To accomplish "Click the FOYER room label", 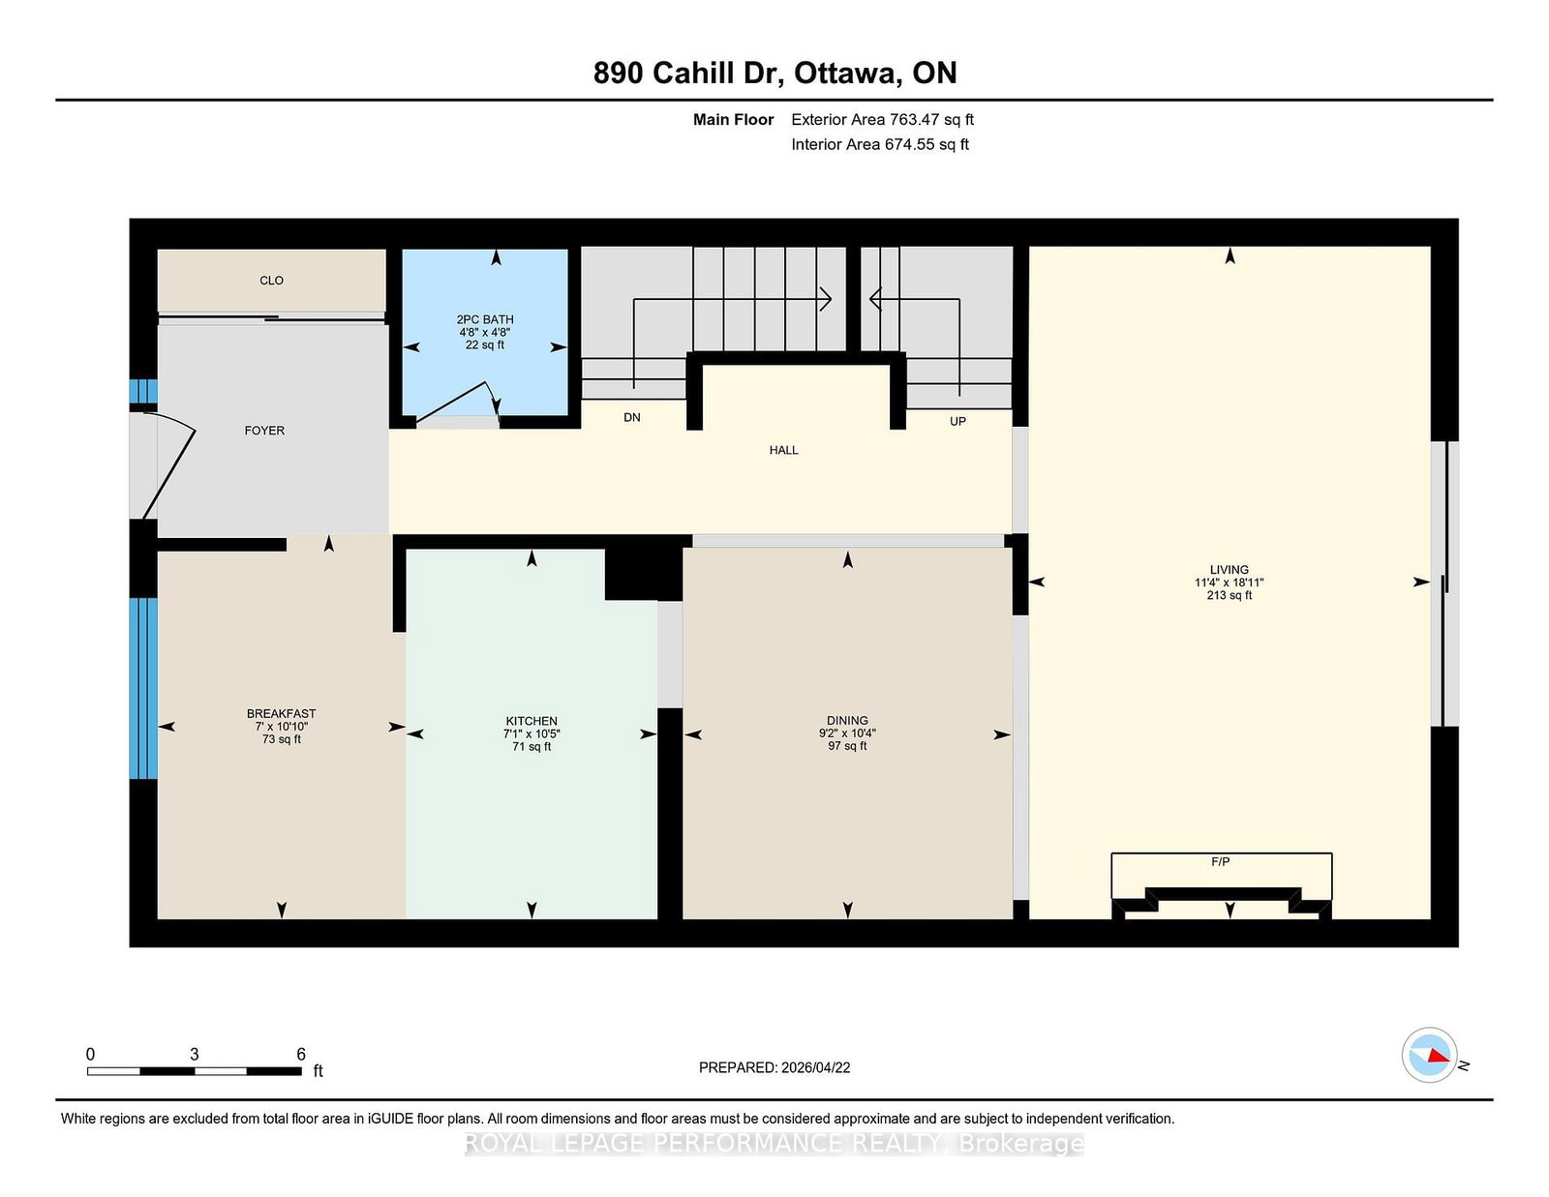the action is pos(263,431).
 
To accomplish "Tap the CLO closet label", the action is pos(271,281).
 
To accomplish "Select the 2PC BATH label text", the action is pos(485,319).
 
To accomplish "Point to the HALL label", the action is pos(783,450).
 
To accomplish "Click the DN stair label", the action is pos(631,417).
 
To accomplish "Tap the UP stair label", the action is pos(957,421).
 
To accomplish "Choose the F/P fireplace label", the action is pos(1221,861).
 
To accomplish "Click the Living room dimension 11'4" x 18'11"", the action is pos(1229,583).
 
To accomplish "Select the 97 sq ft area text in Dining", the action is pos(847,746).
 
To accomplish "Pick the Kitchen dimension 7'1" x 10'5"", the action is pos(532,733).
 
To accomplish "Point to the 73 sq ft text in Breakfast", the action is pos(281,739).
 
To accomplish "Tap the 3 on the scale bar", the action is pos(194,1054).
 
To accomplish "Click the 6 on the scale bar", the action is pos(301,1054).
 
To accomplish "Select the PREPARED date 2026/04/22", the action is pos(815,1067).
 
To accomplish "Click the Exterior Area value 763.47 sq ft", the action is pos(931,120).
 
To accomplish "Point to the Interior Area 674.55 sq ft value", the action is pos(926,144).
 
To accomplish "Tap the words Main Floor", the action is pos(733,120).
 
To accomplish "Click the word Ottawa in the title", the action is pos(845,74).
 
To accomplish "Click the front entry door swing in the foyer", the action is pos(171,464).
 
